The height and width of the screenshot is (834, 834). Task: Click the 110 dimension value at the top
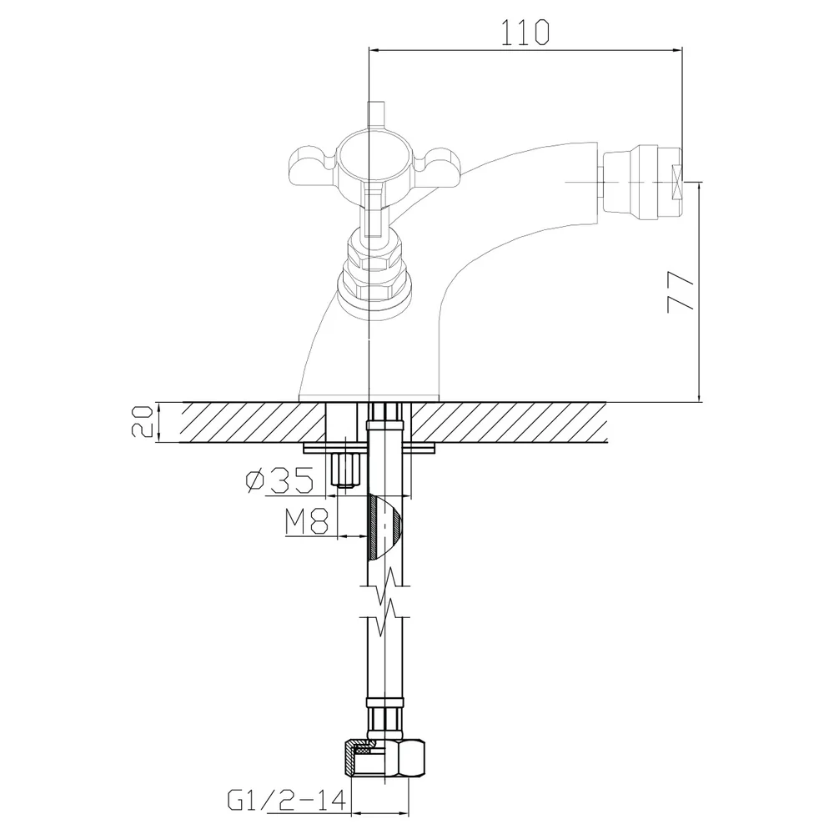pyautogui.click(x=525, y=33)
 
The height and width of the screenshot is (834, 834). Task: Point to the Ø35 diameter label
pyautogui.click(x=279, y=481)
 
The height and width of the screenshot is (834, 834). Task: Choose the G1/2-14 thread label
pyautogui.click(x=286, y=800)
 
